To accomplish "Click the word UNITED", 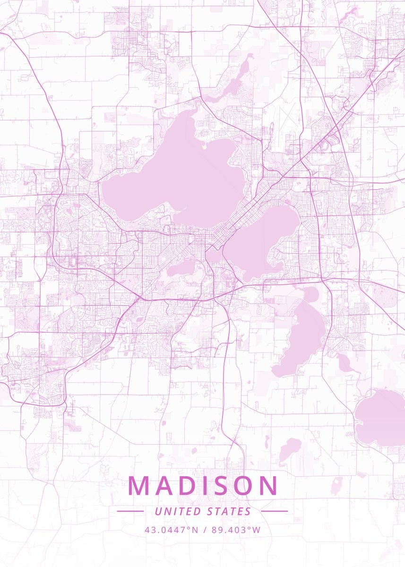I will pyautogui.click(x=177, y=511).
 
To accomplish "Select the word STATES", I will pyautogui.click(x=229, y=511).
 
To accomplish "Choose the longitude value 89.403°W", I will pyautogui.click(x=236, y=530).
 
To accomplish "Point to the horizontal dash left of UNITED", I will pyautogui.click(x=130, y=511).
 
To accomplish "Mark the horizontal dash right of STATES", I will pyautogui.click(x=274, y=511).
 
